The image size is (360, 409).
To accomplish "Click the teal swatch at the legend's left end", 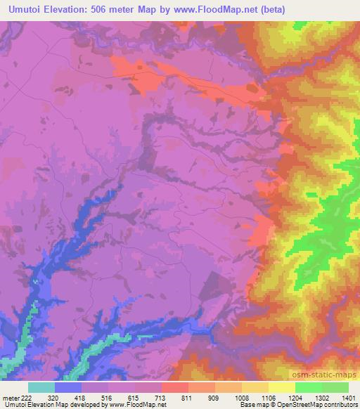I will coord(41,387).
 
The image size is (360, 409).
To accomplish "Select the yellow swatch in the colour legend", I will coord(281,387).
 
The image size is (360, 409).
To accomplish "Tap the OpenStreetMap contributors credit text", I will coord(320,405).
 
